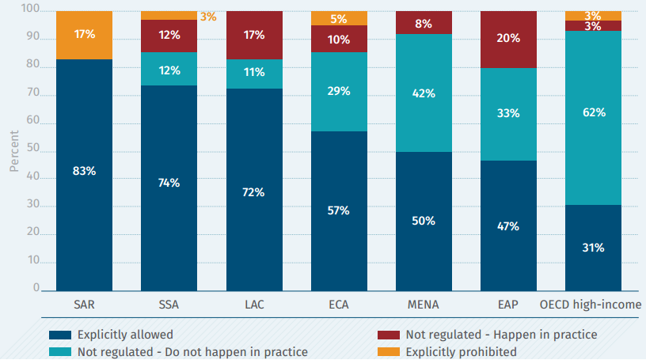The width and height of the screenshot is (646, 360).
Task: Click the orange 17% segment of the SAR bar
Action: [x=84, y=36]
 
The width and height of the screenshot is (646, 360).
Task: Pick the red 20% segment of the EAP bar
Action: [x=508, y=40]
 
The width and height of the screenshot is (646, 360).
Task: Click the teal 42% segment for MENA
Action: [x=424, y=93]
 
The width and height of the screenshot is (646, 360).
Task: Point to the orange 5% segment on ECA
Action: [x=338, y=18]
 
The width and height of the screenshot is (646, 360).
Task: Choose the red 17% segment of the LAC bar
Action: [x=253, y=35]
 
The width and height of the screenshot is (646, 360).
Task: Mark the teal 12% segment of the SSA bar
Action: [x=169, y=69]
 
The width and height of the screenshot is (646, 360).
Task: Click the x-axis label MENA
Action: [x=424, y=305]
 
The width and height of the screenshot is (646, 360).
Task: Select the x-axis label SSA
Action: [x=169, y=305]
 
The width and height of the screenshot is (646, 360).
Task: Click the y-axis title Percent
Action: [x=13, y=150]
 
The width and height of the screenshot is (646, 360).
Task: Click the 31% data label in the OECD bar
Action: [x=594, y=248]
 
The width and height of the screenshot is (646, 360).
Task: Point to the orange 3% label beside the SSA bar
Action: [x=208, y=16]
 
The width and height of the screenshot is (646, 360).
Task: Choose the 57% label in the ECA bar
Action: [x=338, y=210]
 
